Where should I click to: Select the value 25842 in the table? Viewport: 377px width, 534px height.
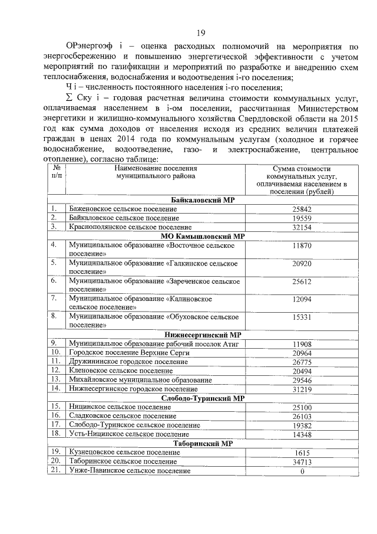(301, 209)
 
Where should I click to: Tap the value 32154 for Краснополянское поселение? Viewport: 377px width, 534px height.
(301, 227)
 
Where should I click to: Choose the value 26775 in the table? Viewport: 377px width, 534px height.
(301, 361)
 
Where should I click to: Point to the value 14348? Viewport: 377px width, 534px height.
(301, 434)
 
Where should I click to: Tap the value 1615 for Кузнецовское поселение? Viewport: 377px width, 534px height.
(301, 452)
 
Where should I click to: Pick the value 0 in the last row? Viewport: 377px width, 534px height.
(301, 471)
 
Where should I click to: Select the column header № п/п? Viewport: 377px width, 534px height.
(57, 172)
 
